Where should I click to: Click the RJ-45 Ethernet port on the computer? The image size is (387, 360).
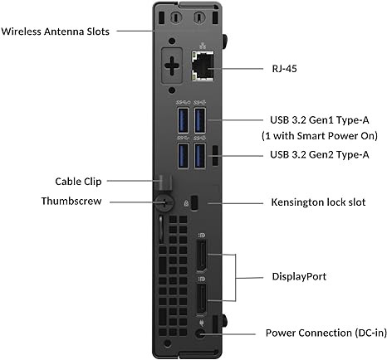click(203, 64)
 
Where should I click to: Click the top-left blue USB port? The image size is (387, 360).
click(183, 121)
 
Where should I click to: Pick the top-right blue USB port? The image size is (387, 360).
click(201, 121)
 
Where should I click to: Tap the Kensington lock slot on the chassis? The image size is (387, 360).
click(194, 202)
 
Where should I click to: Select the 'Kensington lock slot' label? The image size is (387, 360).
click(318, 201)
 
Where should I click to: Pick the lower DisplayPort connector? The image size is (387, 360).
click(201, 297)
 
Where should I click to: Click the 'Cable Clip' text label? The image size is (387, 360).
click(75, 179)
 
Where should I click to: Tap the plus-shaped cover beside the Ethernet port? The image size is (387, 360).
click(172, 64)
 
